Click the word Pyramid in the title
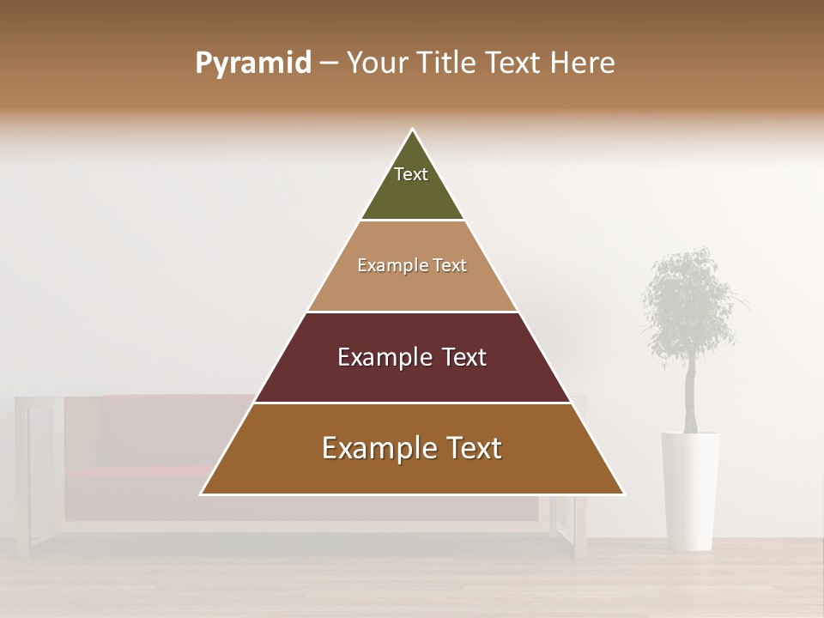[x=252, y=64]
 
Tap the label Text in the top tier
[x=411, y=174]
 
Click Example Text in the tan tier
[x=412, y=265]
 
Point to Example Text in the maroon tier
[x=412, y=357]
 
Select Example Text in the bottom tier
[x=412, y=448]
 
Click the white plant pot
[x=690, y=489]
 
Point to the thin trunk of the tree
[x=690, y=403]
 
